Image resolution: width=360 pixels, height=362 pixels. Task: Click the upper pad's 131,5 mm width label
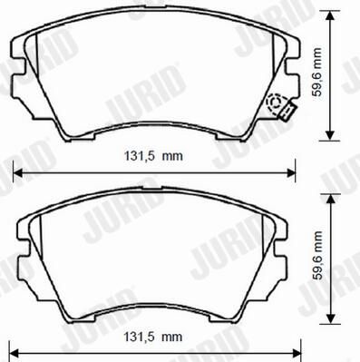point(153,156)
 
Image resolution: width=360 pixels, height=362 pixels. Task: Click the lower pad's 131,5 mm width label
point(153,337)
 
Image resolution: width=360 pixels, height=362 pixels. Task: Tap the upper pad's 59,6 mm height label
point(317,72)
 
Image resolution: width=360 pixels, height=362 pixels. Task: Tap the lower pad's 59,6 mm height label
point(318,256)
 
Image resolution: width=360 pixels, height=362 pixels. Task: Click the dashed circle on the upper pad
point(276,103)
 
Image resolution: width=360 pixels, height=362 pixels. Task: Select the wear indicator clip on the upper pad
point(287,112)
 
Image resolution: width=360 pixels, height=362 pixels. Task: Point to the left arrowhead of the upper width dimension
point(18,173)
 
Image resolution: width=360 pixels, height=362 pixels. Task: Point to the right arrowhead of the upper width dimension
point(291,173)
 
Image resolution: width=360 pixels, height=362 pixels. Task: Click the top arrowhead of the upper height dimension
point(330,15)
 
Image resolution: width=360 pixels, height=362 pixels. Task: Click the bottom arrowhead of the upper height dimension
point(330,135)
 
